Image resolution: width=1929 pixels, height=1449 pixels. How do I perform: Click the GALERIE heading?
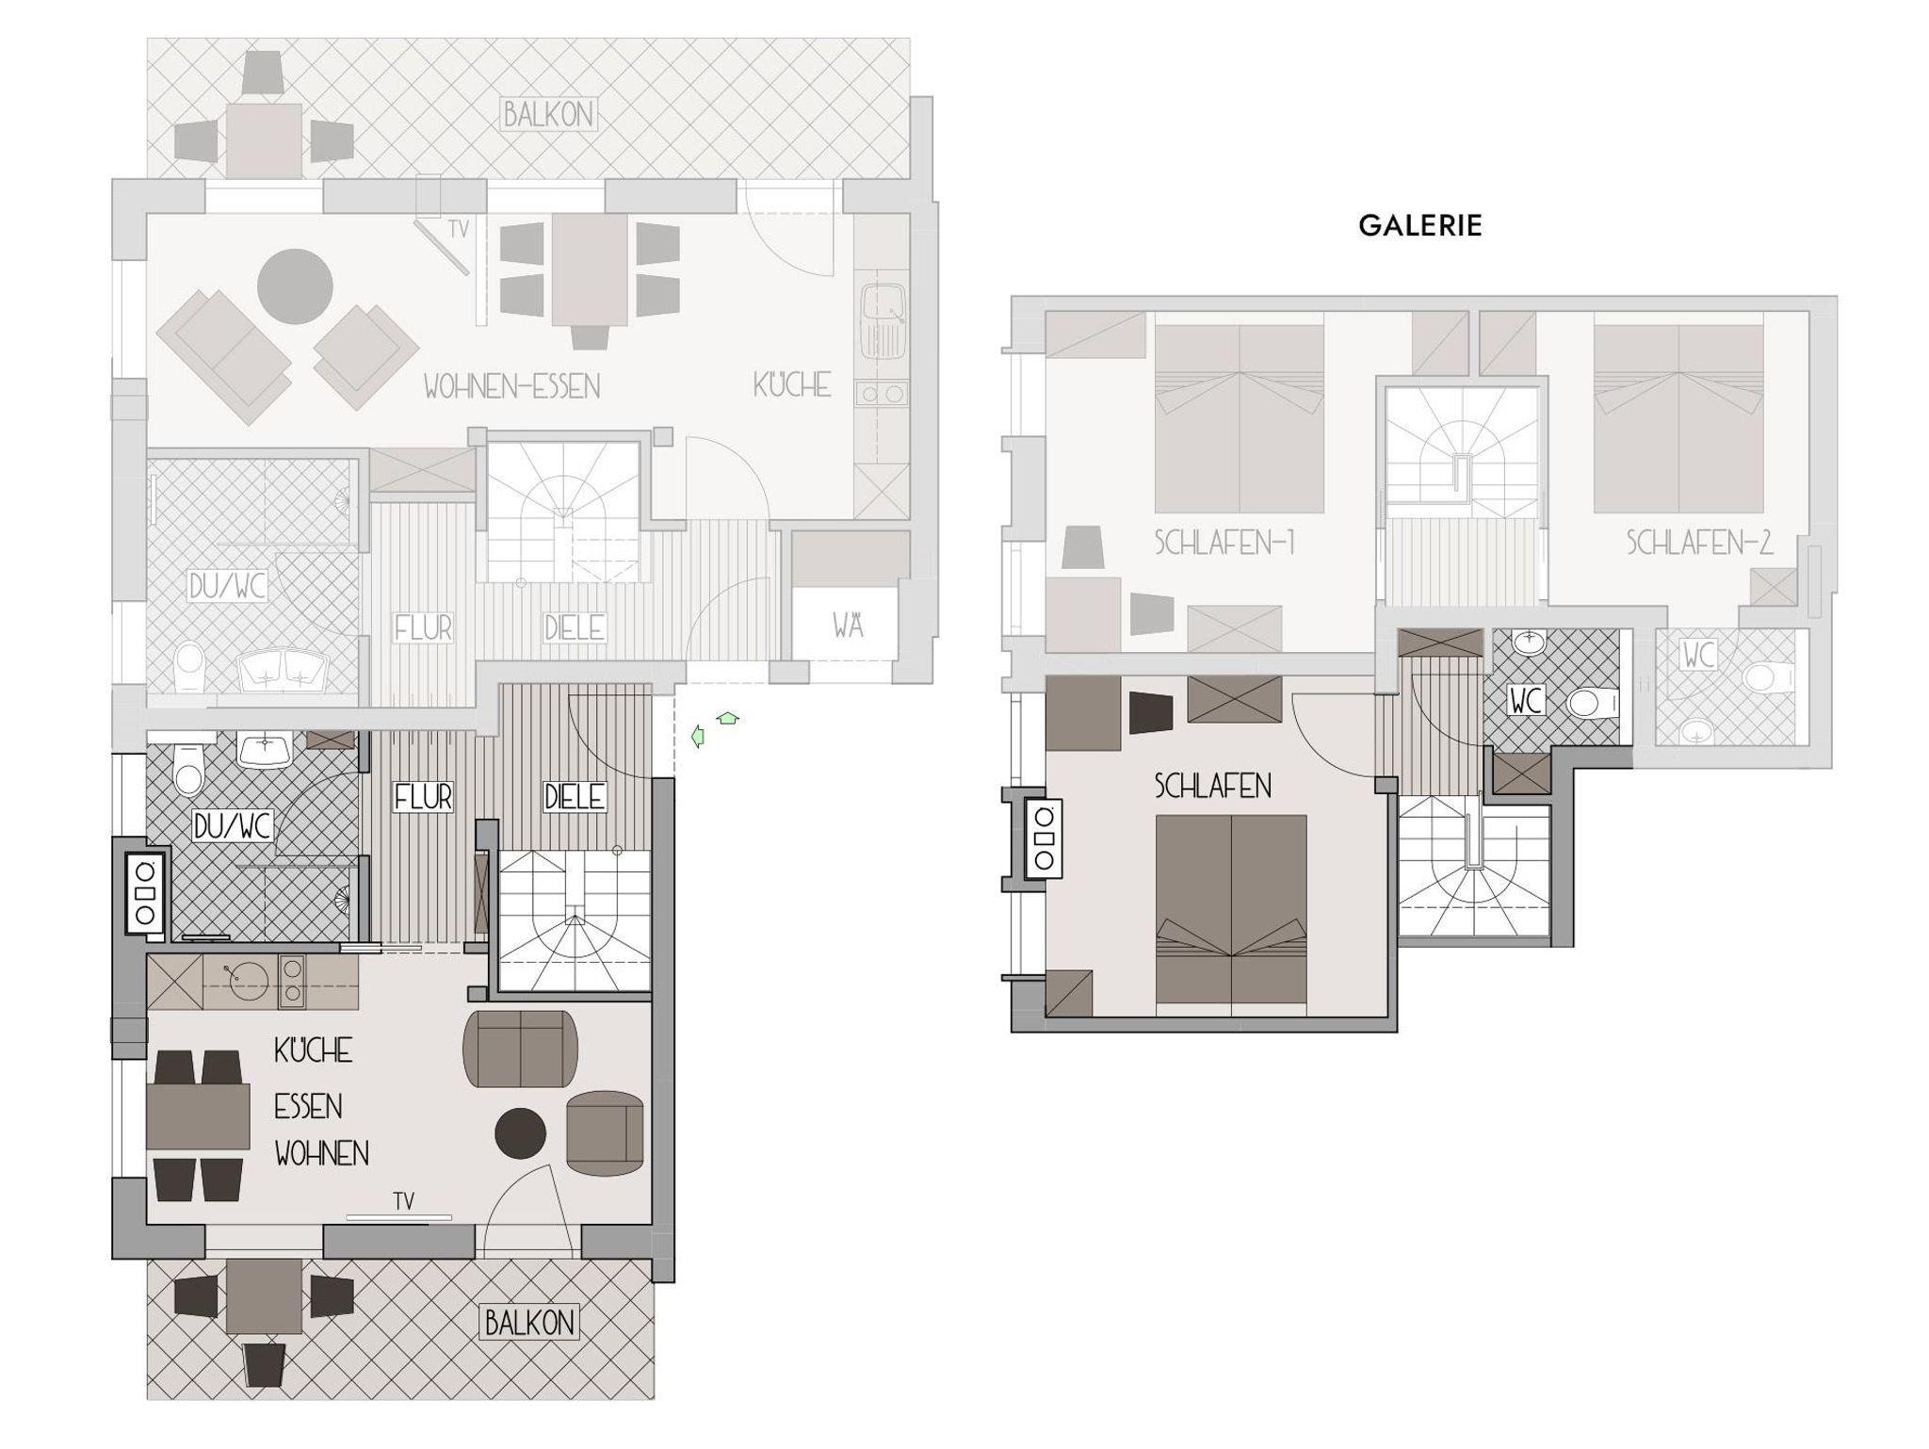pyautogui.click(x=1419, y=225)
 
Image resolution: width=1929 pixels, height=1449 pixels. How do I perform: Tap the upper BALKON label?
pyautogui.click(x=548, y=115)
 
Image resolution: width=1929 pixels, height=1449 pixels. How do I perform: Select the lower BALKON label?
pyautogui.click(x=529, y=1323)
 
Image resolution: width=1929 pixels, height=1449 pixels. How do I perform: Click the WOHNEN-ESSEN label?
pyautogui.click(x=511, y=386)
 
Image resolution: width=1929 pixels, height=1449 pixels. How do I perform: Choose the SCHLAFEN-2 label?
pyautogui.click(x=1699, y=543)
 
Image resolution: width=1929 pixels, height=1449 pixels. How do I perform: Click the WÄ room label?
pyautogui.click(x=848, y=625)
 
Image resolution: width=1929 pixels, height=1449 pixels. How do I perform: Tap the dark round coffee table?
pyautogui.click(x=521, y=1132)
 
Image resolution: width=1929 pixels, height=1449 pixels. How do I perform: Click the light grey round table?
pyautogui.click(x=295, y=286)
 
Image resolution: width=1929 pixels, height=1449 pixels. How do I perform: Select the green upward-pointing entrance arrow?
pyautogui.click(x=727, y=719)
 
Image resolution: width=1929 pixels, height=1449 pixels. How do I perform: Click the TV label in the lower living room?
pyautogui.click(x=404, y=1201)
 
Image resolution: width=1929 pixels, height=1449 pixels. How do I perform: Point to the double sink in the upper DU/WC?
pyautogui.click(x=283, y=671)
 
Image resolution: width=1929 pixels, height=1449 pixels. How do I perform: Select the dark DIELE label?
pyautogui.click(x=575, y=797)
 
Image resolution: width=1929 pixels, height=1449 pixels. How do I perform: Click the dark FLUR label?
pyautogui.click(x=423, y=797)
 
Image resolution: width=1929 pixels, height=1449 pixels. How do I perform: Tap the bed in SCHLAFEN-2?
pyautogui.click(x=1678, y=419)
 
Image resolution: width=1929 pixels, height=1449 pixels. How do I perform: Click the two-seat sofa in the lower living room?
pyautogui.click(x=520, y=1049)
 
